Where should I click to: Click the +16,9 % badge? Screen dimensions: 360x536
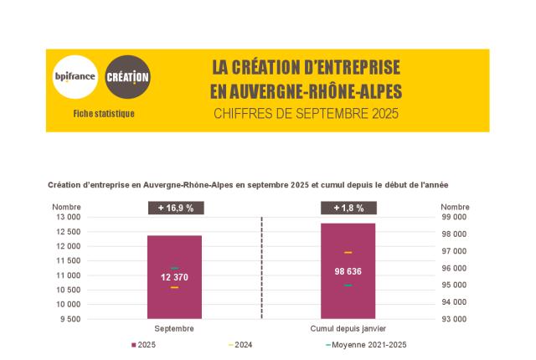174,208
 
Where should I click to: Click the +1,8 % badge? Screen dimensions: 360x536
347,208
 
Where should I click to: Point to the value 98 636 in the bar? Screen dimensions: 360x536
347,271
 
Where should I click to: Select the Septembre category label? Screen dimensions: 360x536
174,328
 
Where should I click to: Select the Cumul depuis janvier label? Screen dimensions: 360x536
347,328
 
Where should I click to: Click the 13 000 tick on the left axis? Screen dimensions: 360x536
68,217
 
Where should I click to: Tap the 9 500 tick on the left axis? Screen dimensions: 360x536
70,319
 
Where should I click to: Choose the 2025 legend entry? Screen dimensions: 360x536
147,345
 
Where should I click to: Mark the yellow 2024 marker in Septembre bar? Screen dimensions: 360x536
174,288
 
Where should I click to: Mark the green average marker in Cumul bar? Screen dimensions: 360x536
347,285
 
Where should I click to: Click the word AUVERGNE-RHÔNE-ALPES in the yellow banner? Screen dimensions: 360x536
307,90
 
